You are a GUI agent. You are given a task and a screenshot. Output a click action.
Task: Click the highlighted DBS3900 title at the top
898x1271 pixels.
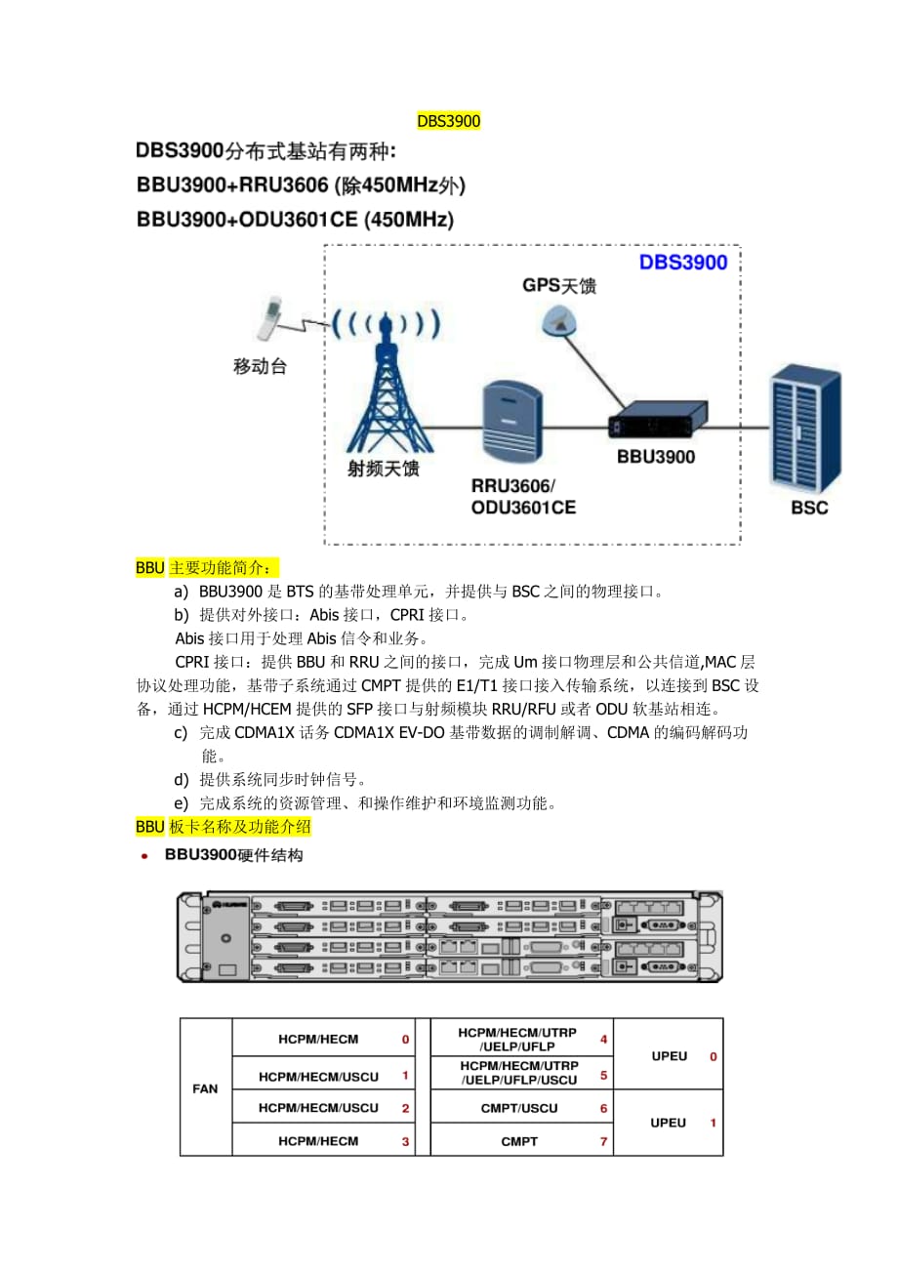[449, 122]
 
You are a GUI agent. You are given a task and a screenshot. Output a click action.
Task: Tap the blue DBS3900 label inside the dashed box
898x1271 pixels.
[683, 262]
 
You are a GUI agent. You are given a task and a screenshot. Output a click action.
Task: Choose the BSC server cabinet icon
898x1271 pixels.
[806, 426]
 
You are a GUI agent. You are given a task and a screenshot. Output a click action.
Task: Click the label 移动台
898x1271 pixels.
[261, 367]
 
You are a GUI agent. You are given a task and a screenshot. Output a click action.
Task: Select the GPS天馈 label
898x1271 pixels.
[559, 286]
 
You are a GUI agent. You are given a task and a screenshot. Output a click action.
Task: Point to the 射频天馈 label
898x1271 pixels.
[384, 469]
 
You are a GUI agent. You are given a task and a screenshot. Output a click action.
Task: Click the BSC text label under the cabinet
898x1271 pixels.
[809, 508]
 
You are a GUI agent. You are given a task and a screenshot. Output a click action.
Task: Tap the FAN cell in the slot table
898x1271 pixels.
[206, 1088]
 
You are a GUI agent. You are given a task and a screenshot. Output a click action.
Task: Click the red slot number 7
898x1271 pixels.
[603, 1141]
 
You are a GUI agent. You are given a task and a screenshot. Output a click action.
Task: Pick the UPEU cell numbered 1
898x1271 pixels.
[670, 1123]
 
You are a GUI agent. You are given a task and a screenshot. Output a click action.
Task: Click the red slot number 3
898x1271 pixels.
[405, 1141]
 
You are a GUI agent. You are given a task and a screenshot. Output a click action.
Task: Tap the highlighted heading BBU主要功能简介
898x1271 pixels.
[207, 568]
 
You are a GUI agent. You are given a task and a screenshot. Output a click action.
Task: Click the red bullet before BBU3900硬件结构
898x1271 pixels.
[145, 856]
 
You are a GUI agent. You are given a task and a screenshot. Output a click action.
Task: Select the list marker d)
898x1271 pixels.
[181, 780]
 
